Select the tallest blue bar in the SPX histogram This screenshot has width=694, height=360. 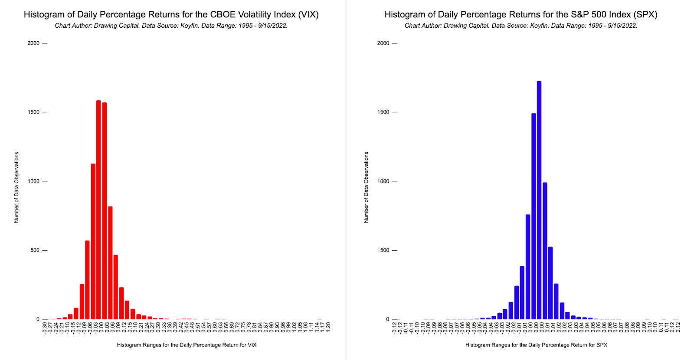(539, 200)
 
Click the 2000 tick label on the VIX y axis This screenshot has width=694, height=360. (33, 43)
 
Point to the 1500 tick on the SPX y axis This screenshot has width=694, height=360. (383, 112)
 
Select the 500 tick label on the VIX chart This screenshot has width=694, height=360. (35, 250)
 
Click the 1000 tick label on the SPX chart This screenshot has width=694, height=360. (383, 181)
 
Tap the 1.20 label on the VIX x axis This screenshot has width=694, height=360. (328, 327)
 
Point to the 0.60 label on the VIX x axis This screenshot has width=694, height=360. (215, 327)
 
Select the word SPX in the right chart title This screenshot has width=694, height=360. (646, 14)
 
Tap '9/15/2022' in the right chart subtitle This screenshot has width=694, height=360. (622, 26)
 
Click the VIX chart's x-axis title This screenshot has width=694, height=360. (187, 345)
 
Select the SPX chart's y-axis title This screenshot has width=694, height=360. (366, 187)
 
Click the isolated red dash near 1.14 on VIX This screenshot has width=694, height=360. (320, 319)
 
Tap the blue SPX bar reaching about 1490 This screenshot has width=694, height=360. (534, 217)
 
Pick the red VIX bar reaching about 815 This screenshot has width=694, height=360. (110, 263)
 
